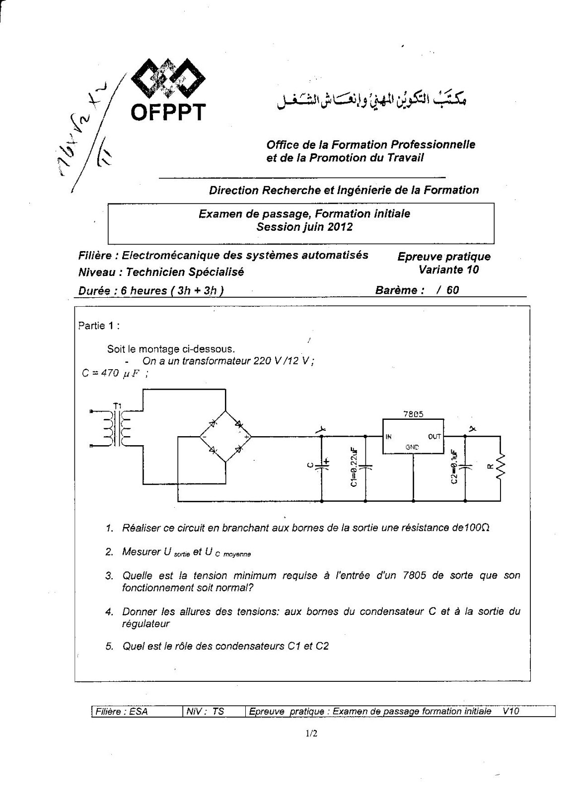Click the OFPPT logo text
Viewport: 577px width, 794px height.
(168, 112)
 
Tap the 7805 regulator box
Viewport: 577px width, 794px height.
(413, 436)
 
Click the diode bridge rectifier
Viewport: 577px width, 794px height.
(225, 437)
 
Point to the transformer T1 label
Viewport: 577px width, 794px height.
(117, 405)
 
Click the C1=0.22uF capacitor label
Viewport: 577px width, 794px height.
(354, 467)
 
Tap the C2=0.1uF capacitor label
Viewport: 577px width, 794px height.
(454, 467)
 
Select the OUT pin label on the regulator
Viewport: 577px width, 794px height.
(434, 437)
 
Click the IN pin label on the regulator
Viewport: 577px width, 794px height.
(389, 437)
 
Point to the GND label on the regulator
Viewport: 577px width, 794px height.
(412, 447)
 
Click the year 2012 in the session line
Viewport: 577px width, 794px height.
(340, 227)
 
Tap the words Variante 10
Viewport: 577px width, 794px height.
(448, 269)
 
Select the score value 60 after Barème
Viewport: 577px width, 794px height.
(452, 290)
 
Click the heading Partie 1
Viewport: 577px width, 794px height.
(99, 326)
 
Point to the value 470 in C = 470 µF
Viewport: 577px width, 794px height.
(110, 373)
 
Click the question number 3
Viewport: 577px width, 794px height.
(109, 576)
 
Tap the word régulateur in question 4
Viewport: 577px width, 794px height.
(146, 624)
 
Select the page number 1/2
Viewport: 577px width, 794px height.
(311, 733)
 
